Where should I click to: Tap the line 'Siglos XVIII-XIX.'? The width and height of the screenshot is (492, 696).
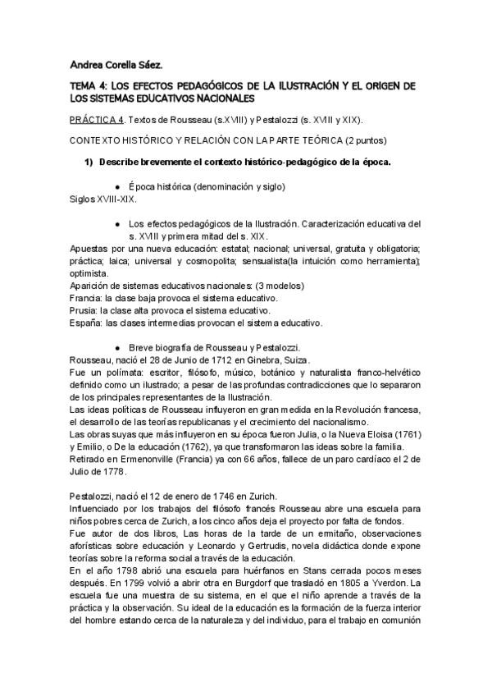(103, 199)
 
